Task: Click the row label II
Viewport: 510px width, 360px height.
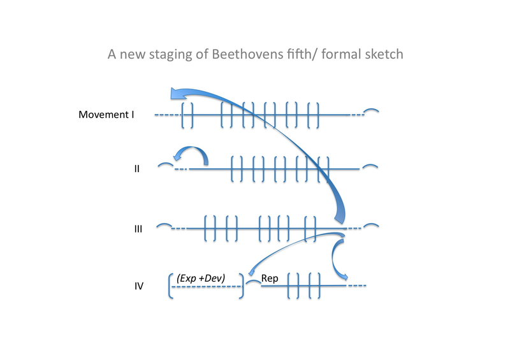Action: tap(137, 170)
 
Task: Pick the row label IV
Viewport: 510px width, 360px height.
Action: tap(138, 287)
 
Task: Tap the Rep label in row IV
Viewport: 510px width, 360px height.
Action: tap(270, 279)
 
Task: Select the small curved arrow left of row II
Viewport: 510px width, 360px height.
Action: tap(191, 155)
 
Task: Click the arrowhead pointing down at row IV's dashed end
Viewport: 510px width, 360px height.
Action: tap(344, 275)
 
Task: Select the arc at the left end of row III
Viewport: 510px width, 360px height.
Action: tap(164, 225)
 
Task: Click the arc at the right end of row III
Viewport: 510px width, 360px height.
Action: tap(372, 225)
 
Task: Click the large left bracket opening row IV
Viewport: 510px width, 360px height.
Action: tap(171, 287)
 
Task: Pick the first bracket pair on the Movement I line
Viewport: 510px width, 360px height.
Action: tap(187, 115)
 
